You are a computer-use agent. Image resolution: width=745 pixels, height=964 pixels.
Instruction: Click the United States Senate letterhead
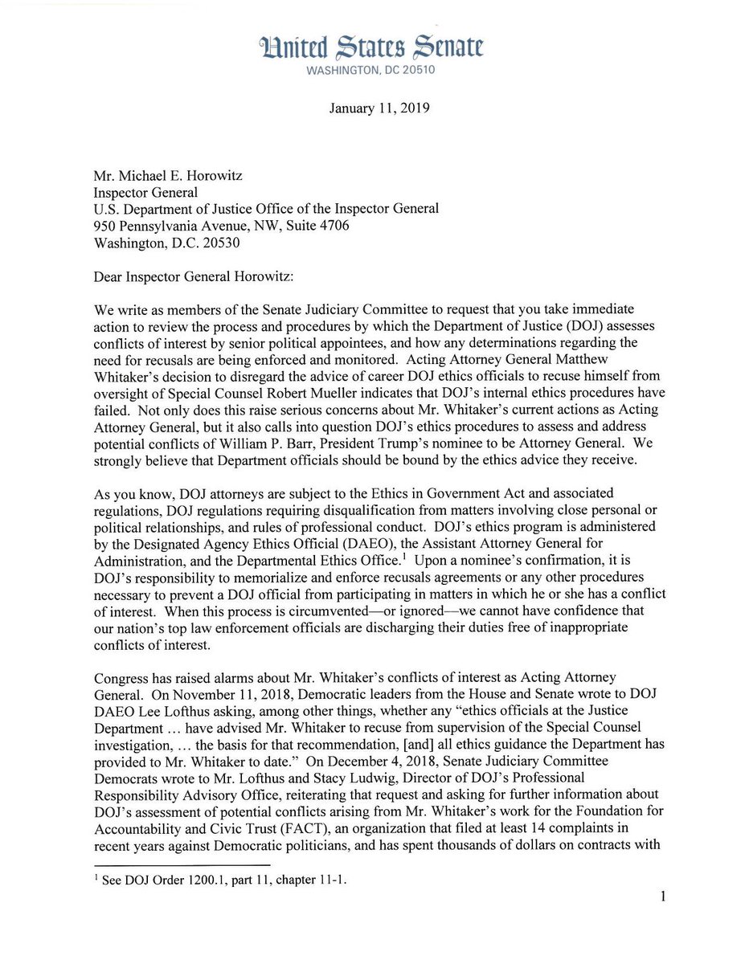pos(372,49)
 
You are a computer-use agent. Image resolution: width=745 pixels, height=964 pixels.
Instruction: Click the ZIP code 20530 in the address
pos(216,242)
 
